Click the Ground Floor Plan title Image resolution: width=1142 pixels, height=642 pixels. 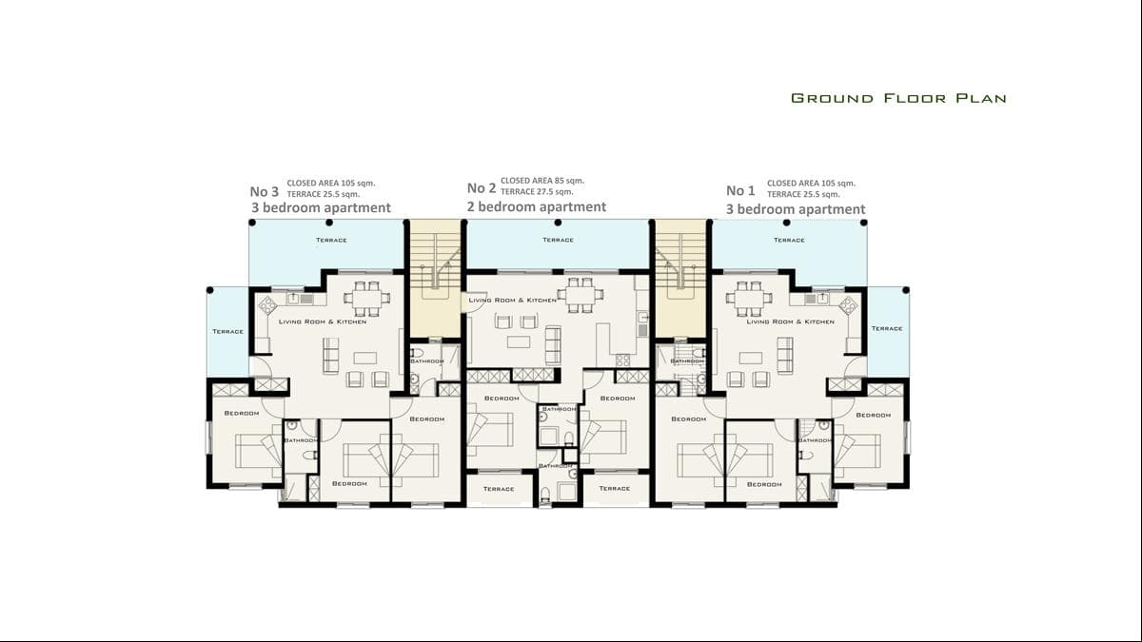pyautogui.click(x=898, y=98)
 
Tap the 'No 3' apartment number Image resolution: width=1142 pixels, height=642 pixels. pyautogui.click(x=264, y=189)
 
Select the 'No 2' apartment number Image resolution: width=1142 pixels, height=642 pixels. pyautogui.click(x=482, y=188)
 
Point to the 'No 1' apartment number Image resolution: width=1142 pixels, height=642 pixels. pyautogui.click(x=740, y=190)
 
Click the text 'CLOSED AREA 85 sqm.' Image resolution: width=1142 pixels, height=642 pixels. pyautogui.click(x=542, y=180)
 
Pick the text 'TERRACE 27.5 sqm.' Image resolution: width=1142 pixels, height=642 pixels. pyautogui.click(x=537, y=192)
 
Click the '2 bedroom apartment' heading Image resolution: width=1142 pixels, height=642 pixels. pyautogui.click(x=536, y=206)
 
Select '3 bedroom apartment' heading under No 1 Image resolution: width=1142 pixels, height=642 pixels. pyautogui.click(x=796, y=209)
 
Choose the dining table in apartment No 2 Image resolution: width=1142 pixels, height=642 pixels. pyautogui.click(x=577, y=294)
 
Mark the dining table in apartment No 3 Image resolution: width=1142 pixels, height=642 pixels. pyautogui.click(x=366, y=298)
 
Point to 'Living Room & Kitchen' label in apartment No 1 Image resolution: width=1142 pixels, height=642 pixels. pyautogui.click(x=790, y=321)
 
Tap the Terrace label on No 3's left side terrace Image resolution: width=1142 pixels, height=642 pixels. pyautogui.click(x=227, y=331)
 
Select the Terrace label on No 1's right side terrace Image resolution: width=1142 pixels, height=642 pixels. pyautogui.click(x=886, y=328)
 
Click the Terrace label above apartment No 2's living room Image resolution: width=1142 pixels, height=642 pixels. pyautogui.click(x=558, y=240)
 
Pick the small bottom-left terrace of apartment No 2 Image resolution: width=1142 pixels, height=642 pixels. pyautogui.click(x=498, y=489)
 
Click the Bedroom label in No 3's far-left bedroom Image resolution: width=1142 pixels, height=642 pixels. pyautogui.click(x=242, y=413)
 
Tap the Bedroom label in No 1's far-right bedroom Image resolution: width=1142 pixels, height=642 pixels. pyautogui.click(x=873, y=415)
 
